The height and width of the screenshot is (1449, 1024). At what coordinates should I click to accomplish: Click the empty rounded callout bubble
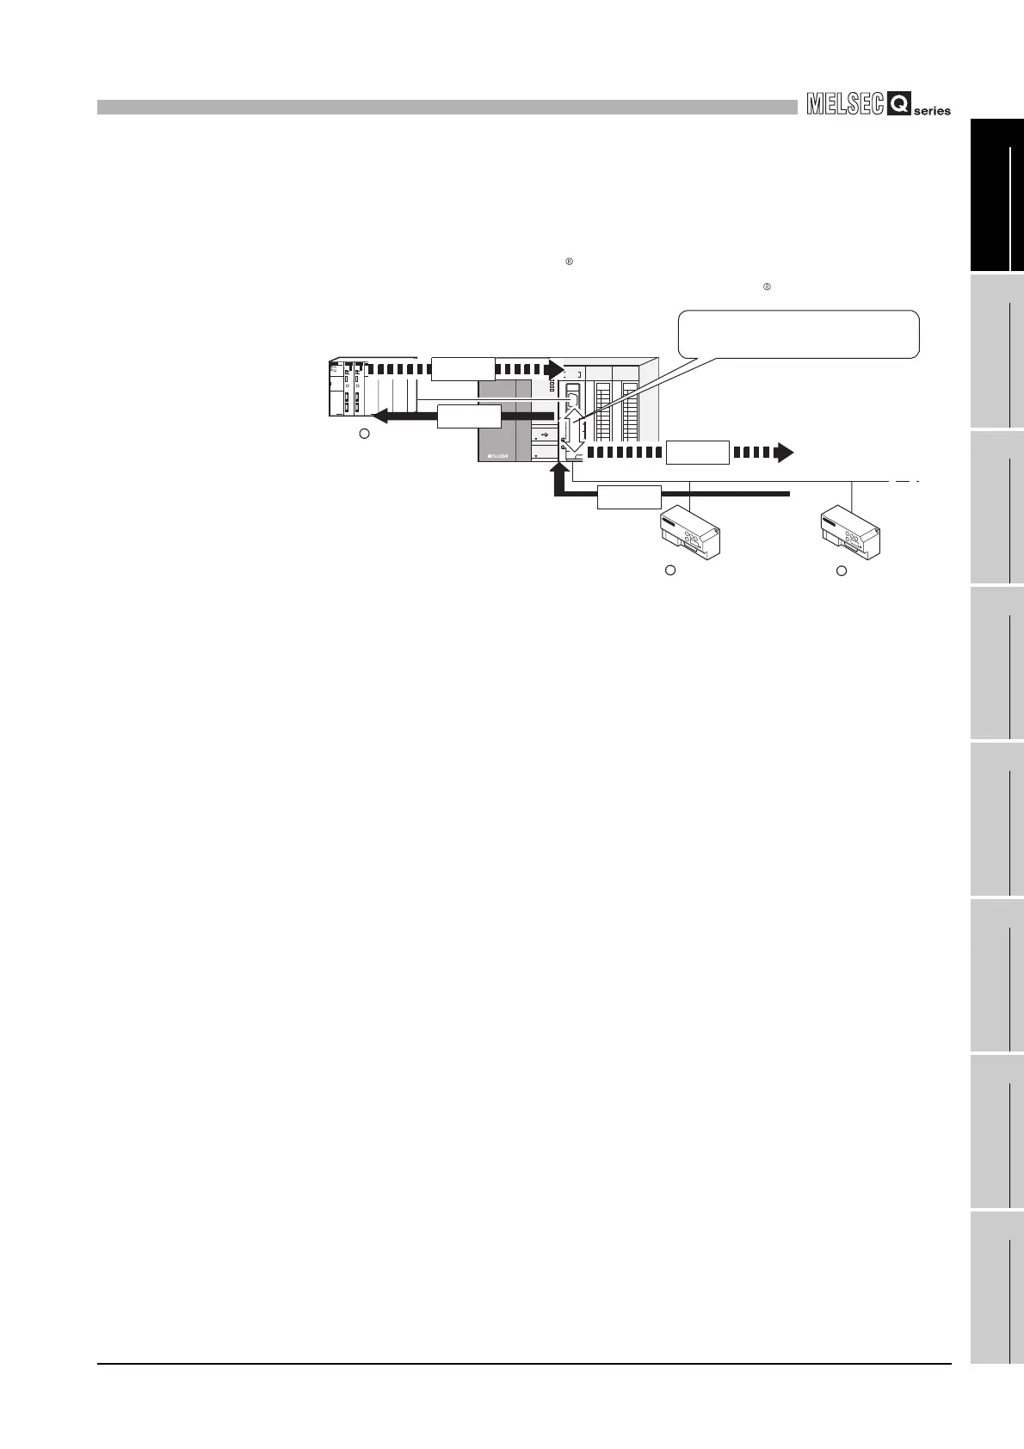tap(799, 333)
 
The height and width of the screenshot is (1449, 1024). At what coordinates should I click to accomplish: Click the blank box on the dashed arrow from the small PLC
tap(463, 367)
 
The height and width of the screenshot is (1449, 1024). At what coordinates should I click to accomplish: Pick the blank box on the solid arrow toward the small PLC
tap(469, 417)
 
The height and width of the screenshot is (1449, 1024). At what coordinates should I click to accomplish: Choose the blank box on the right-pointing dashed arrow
tap(698, 452)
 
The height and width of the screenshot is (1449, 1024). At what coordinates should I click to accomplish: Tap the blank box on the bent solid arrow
tap(629, 496)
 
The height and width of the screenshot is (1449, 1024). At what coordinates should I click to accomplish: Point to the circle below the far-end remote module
tap(842, 570)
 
